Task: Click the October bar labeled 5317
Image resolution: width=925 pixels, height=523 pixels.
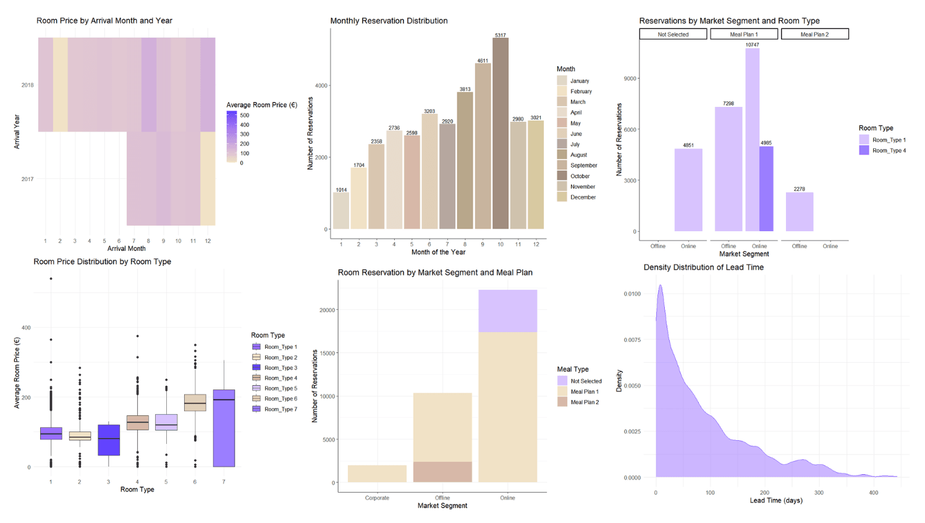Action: coord(501,133)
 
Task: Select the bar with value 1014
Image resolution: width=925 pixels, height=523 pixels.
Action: coord(341,211)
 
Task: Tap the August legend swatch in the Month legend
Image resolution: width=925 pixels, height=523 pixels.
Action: coord(562,155)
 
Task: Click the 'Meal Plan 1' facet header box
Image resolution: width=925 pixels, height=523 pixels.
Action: coord(744,35)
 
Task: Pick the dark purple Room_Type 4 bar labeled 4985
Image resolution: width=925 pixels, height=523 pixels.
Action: coord(766,189)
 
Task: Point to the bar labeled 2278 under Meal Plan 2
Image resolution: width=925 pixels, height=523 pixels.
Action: coord(800,211)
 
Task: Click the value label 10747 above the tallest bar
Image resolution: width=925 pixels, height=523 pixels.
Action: coord(752,45)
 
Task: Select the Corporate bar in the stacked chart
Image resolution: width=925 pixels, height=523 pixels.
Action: coord(377,474)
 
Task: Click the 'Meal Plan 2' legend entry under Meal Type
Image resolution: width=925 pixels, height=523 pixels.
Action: coord(585,402)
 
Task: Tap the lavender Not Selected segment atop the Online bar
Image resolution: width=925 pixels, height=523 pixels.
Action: coord(507,311)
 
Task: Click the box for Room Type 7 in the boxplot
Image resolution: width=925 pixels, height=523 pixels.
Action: coord(224,428)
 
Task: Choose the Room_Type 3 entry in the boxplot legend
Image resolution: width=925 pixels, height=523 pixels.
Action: coord(281,368)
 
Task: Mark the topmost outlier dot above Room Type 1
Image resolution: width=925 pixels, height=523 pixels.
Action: coord(51,279)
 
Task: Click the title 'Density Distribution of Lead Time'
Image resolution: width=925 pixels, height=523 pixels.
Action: coord(703,268)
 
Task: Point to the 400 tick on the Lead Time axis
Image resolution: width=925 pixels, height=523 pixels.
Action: coord(873,493)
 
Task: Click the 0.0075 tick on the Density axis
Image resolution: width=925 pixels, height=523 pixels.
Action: coord(631,340)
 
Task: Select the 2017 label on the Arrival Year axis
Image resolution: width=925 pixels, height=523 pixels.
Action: coord(28,179)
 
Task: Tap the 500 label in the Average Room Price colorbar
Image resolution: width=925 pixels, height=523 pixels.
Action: coord(245,116)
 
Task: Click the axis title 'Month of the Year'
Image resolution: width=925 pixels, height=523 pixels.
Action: coord(438,252)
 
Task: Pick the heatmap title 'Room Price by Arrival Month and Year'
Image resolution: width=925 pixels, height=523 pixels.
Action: coord(104,21)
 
